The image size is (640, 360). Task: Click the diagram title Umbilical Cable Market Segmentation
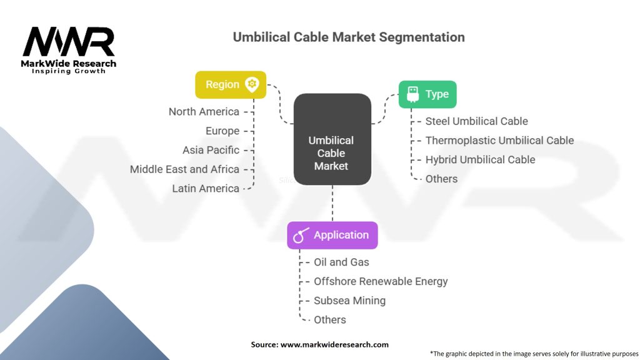[x=349, y=37]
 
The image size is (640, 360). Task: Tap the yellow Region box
[x=231, y=84]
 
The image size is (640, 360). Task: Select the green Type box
[x=427, y=94]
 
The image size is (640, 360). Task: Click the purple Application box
[x=332, y=235]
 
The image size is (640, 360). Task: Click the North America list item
[x=204, y=112]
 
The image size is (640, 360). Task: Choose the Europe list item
[x=222, y=131]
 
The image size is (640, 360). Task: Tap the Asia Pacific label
[x=211, y=150]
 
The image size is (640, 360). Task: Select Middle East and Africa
[x=184, y=169]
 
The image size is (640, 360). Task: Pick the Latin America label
[x=206, y=189]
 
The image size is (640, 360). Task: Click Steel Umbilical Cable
[x=476, y=121]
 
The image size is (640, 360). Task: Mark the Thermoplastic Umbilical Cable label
[x=499, y=141]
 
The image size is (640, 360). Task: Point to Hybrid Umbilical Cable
[x=480, y=160]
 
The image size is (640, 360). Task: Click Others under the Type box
[x=441, y=179]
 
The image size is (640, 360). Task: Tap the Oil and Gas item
[x=341, y=262]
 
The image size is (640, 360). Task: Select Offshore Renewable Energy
[x=381, y=282]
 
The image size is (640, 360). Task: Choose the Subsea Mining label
[x=349, y=301]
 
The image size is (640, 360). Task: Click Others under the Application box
[x=329, y=320]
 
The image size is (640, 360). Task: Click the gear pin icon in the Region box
[x=252, y=84]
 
